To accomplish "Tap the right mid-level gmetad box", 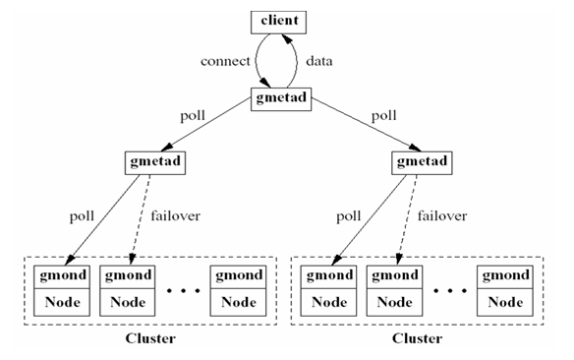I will coord(418,161).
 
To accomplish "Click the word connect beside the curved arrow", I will coord(225,61).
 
